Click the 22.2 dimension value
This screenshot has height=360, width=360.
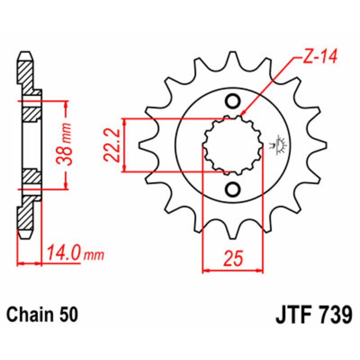(x=110, y=145)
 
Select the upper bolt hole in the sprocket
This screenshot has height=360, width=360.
(x=233, y=101)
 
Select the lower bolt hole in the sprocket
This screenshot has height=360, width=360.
(x=233, y=189)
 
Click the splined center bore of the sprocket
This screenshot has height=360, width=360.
(x=233, y=145)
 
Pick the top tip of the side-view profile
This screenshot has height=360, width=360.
(x=26, y=54)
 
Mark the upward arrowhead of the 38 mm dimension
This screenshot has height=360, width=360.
(x=67, y=104)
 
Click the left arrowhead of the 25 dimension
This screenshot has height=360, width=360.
(x=205, y=271)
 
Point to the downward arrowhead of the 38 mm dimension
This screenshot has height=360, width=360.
(x=67, y=185)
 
